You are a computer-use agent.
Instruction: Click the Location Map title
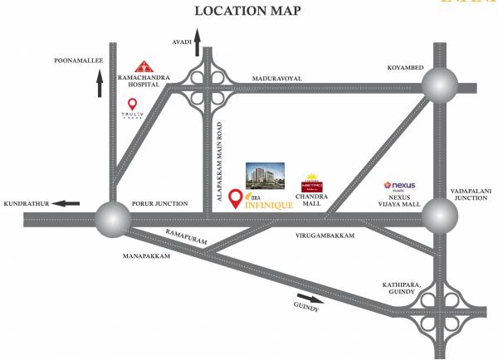click(247, 11)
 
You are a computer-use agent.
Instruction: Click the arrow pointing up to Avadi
click(198, 46)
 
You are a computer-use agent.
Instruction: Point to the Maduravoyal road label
click(278, 78)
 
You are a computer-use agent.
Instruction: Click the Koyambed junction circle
click(439, 85)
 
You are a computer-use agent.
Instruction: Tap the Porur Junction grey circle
click(112, 219)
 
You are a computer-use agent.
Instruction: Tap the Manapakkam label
click(149, 256)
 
